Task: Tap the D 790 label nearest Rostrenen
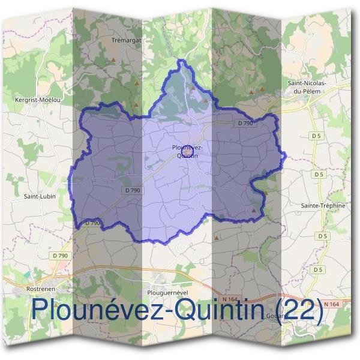point(60,256)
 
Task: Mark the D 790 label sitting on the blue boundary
point(92,223)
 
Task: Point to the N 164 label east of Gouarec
point(331,304)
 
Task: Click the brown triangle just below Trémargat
point(112,61)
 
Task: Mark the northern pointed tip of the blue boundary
point(179,60)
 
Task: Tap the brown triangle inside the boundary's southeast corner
point(254,211)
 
